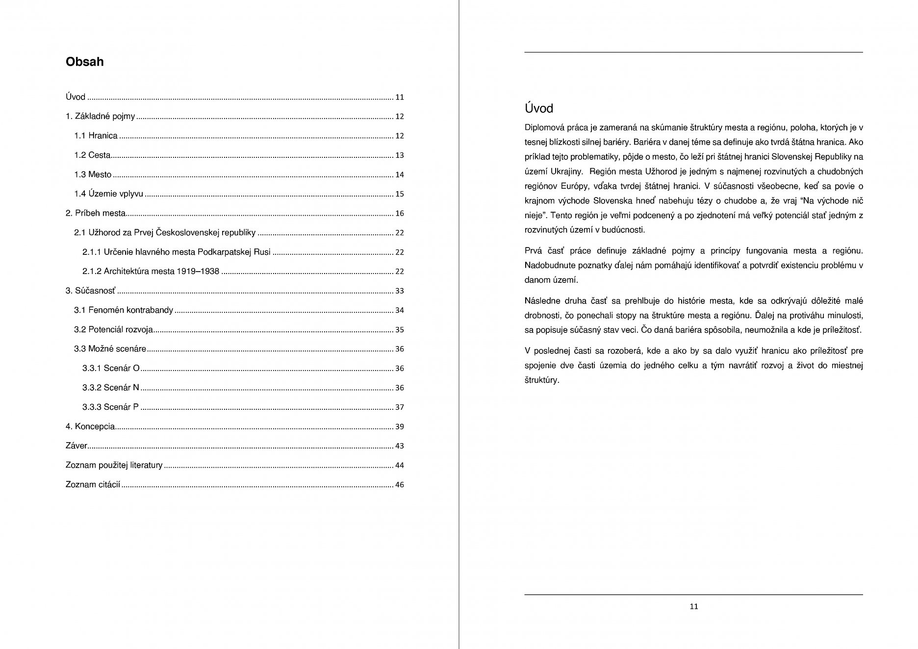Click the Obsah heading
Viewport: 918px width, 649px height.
(84, 62)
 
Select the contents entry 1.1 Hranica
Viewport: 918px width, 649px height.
(96, 136)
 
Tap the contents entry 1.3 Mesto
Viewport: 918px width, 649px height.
(93, 175)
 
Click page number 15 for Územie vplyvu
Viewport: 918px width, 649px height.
(399, 194)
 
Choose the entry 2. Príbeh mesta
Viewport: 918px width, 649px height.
(96, 213)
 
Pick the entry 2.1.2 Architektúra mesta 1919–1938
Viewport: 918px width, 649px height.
(151, 272)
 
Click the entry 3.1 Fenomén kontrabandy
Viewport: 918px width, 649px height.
(124, 310)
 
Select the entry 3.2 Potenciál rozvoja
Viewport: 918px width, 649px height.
(113, 329)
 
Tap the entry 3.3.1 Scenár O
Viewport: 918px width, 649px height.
(111, 368)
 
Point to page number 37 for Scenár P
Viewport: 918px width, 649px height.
(399, 407)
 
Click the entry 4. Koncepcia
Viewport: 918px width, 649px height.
(90, 426)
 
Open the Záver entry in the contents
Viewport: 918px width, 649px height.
(76, 446)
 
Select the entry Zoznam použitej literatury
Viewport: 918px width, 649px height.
(114, 465)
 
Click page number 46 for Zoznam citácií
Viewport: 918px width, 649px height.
(399, 485)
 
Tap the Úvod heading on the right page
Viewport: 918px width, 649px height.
(538, 108)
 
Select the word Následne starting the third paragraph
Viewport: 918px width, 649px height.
(542, 301)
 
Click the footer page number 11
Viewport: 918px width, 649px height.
(693, 606)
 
